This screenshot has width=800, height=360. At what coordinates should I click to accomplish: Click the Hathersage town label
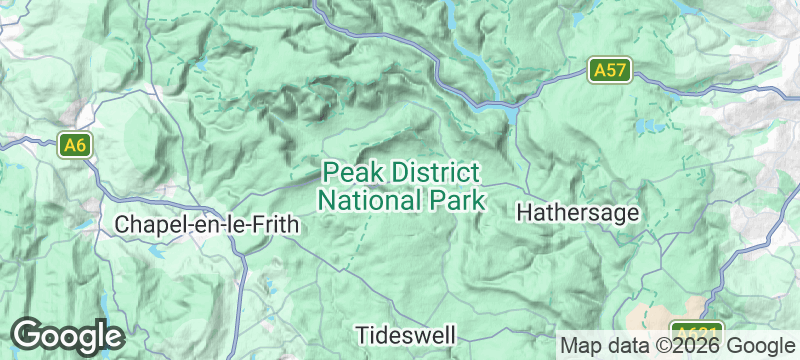tap(577, 213)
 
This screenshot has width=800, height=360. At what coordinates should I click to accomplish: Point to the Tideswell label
tap(406, 333)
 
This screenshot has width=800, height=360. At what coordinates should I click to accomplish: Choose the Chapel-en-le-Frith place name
tap(207, 225)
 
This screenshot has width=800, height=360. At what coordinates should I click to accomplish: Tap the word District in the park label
tap(435, 173)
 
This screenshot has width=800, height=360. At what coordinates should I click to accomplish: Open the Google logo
tap(67, 335)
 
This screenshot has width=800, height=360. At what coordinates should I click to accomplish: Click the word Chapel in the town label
tap(146, 225)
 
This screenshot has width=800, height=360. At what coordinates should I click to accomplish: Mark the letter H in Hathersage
tap(523, 213)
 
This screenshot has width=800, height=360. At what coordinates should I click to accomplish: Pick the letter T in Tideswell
tap(363, 333)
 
